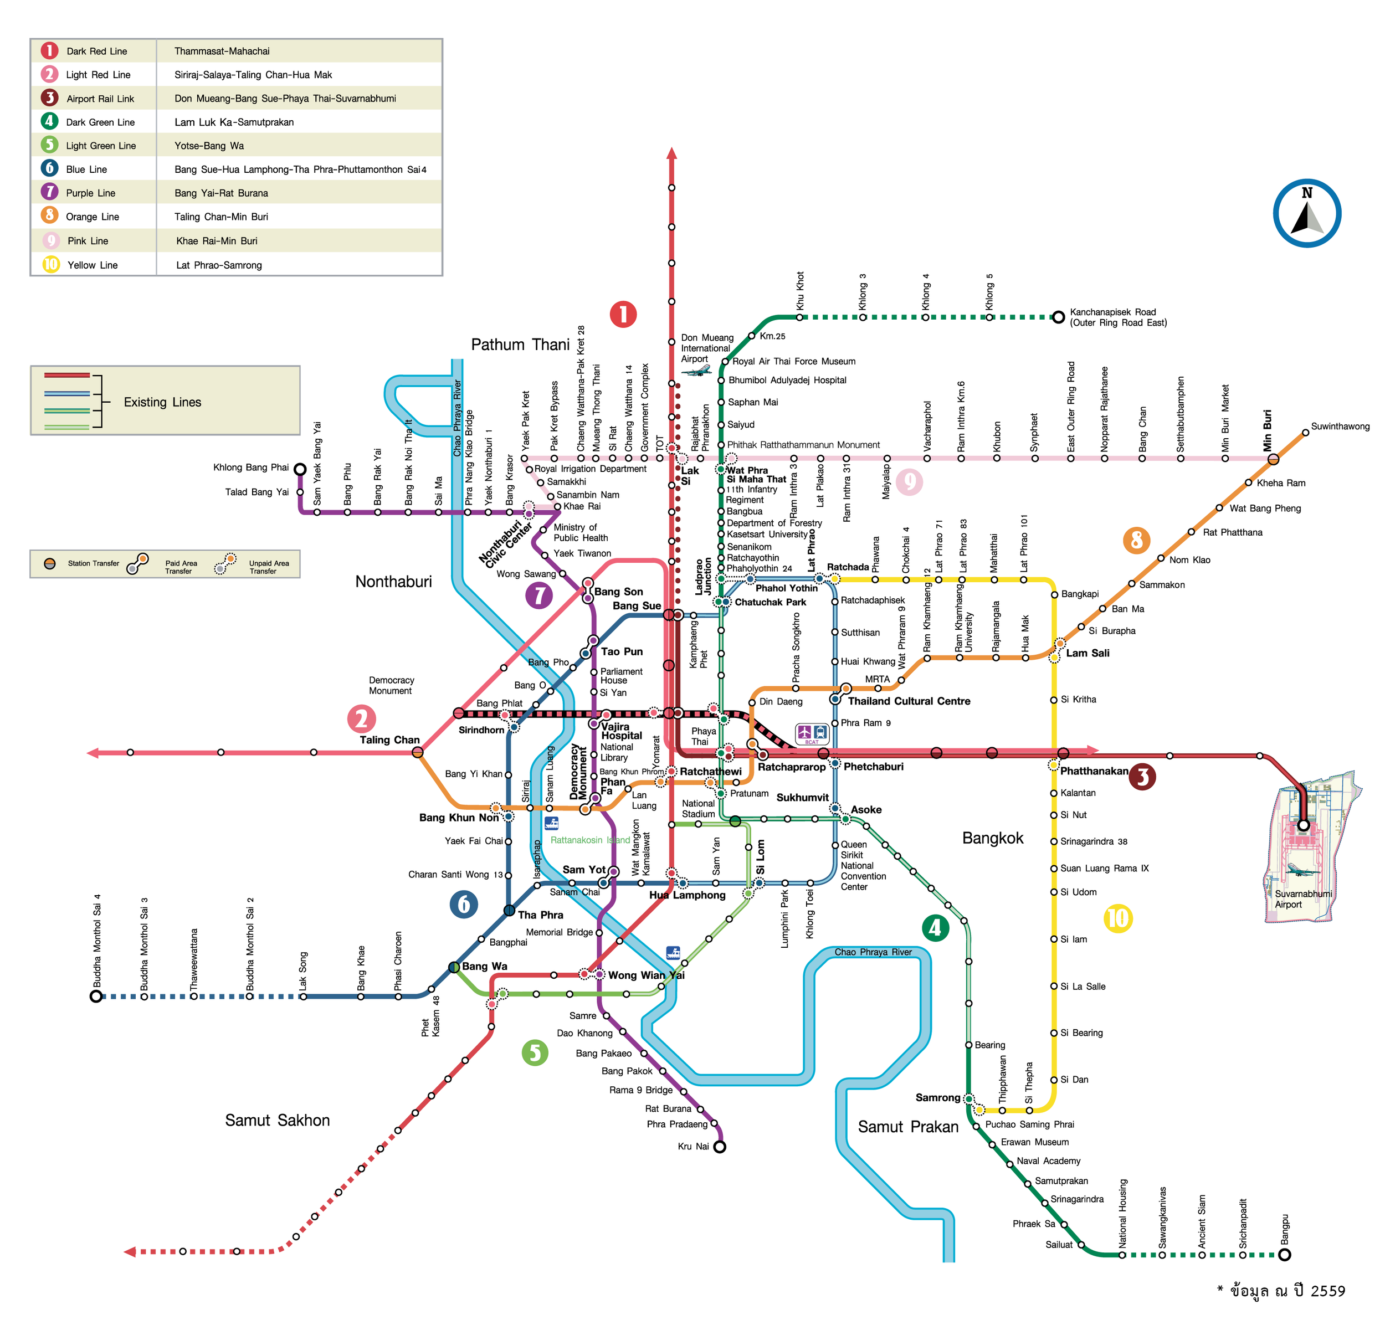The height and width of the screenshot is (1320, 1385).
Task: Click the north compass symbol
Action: click(x=1307, y=213)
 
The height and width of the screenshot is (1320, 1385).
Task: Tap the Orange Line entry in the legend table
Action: click(x=92, y=217)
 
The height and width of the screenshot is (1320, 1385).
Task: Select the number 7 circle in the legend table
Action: click(x=49, y=192)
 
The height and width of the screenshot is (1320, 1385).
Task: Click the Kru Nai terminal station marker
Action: click(x=719, y=1146)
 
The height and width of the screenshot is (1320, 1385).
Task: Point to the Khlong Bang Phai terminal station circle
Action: click(x=300, y=469)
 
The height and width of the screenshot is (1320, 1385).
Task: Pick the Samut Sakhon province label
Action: click(x=278, y=1120)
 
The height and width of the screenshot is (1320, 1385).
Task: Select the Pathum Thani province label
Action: click(x=520, y=345)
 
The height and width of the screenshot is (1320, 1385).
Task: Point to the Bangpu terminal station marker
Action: click(x=1284, y=1255)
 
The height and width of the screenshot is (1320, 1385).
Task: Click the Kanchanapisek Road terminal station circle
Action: click(x=1058, y=317)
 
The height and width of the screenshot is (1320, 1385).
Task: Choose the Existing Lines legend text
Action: click(x=162, y=402)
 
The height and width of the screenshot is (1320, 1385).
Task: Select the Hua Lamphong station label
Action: click(x=687, y=895)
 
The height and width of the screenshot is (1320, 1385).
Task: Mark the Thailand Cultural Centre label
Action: click(x=909, y=701)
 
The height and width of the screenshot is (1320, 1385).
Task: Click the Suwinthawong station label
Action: click(x=1340, y=427)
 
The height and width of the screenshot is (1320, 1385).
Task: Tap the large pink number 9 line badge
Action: click(x=909, y=481)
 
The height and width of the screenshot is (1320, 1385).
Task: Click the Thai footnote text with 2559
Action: click(x=1281, y=1291)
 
